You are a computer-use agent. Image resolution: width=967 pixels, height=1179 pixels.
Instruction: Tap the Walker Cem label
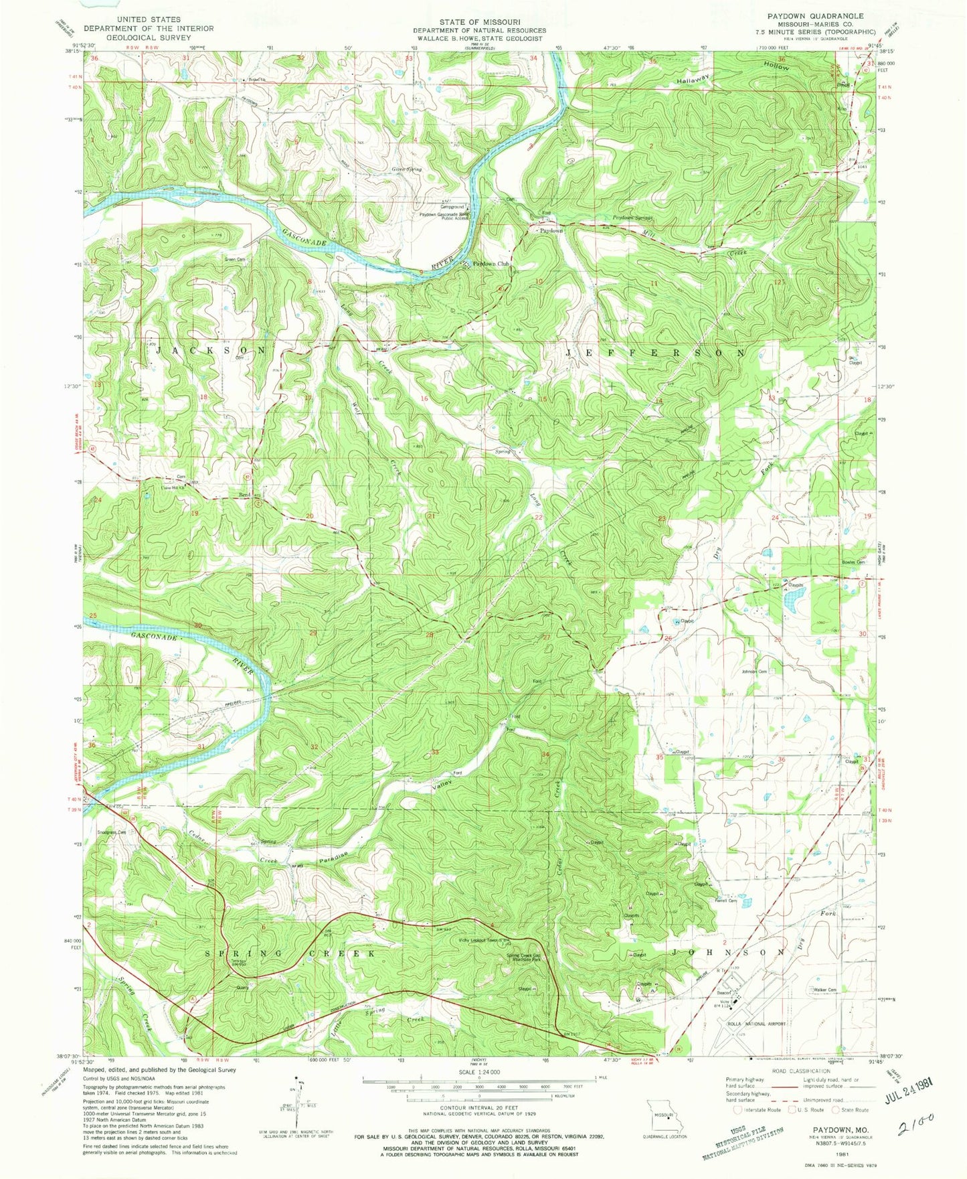click(x=824, y=990)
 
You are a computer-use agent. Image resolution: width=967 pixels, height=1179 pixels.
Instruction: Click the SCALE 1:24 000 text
click(x=478, y=1073)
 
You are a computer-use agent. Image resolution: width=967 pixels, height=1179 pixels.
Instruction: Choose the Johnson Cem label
click(x=754, y=672)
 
